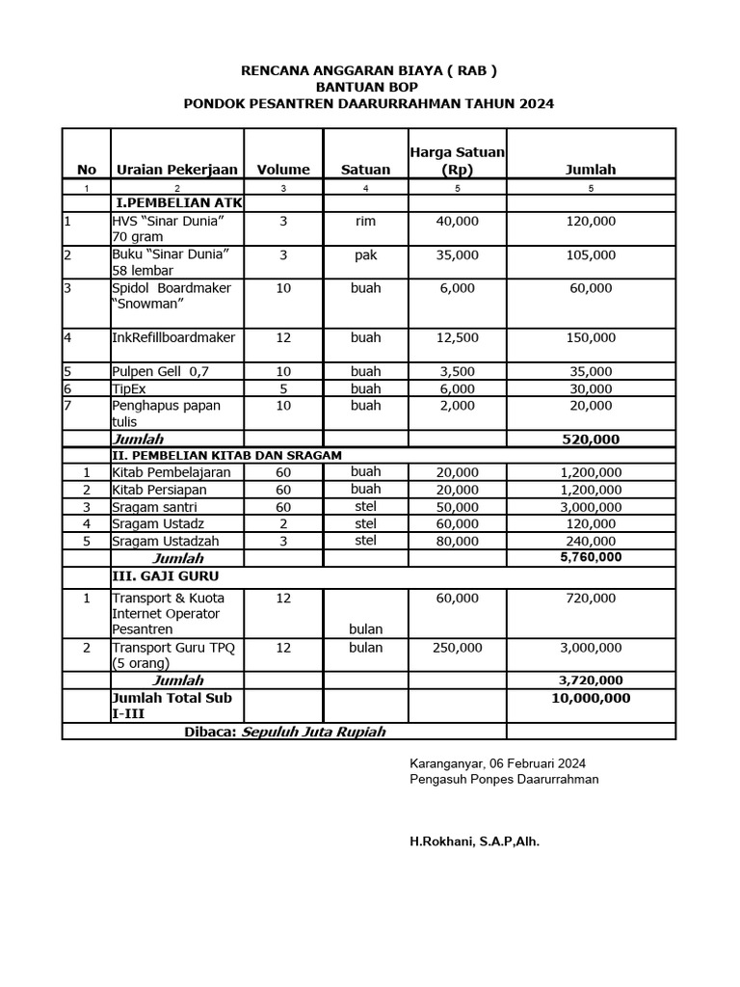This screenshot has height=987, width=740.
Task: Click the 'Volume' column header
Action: click(283, 170)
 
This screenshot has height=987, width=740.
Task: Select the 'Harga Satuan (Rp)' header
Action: click(458, 161)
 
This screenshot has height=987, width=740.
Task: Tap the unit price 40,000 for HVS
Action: click(458, 222)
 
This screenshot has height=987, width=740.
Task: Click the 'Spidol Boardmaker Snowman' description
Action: click(171, 296)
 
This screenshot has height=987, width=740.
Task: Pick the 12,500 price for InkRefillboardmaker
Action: click(458, 338)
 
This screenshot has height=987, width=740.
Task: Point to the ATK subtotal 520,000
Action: click(591, 439)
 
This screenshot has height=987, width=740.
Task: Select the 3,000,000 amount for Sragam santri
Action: click(591, 507)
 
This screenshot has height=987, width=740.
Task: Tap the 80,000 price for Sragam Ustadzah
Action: click(458, 542)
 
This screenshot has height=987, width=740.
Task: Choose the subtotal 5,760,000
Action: click(591, 557)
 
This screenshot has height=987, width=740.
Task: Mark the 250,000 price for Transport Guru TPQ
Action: click(458, 648)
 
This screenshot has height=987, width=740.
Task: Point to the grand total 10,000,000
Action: click(591, 698)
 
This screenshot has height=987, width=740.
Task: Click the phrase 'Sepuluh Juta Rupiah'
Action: click(313, 732)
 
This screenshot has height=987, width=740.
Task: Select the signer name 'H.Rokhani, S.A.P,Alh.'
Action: click(475, 841)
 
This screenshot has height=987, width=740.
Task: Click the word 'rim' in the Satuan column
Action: click(366, 222)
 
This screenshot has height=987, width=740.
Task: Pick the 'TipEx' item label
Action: click(128, 388)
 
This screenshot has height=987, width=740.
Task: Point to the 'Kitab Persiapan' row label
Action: click(159, 490)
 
